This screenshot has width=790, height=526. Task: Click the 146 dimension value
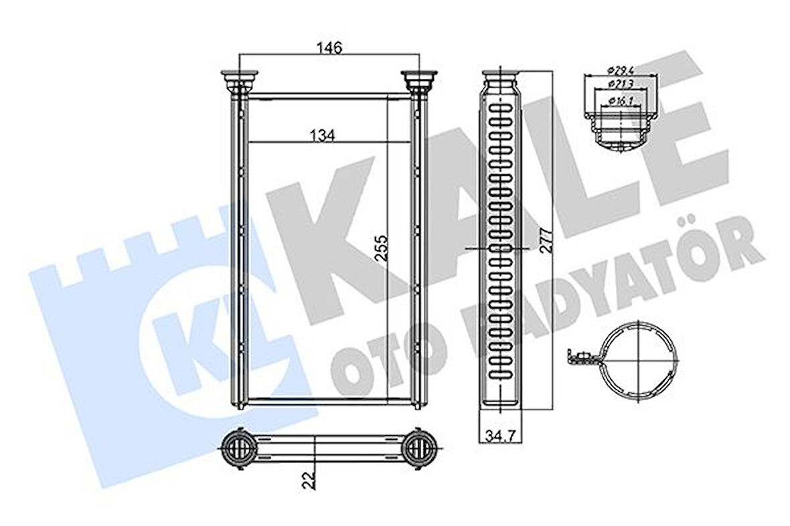(x=329, y=48)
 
